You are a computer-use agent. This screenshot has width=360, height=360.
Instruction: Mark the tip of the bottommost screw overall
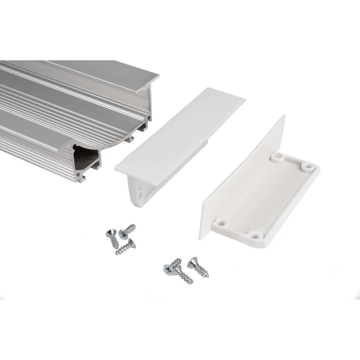pos(192,283)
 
